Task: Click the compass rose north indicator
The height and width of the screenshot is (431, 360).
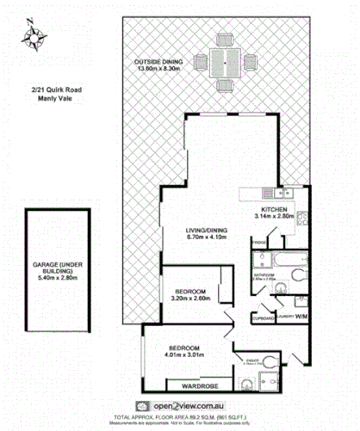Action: pos(34,35)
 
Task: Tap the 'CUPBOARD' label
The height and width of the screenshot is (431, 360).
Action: pos(263,317)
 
